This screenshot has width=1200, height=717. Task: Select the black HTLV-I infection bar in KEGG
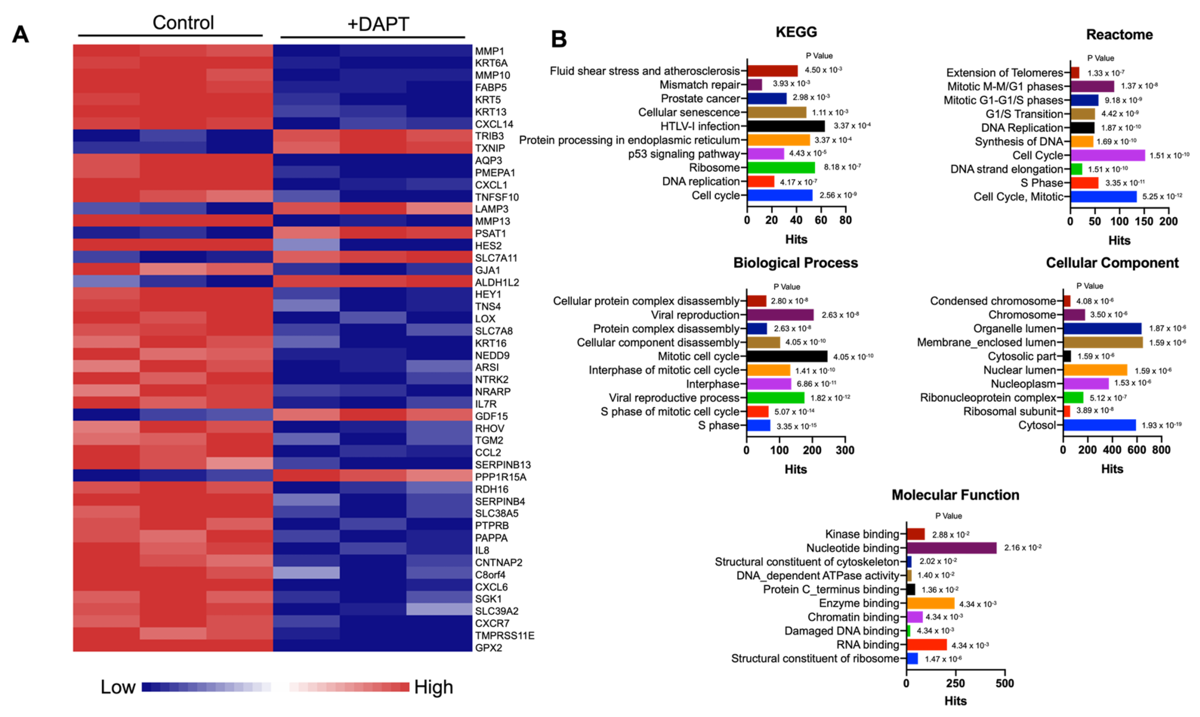(786, 126)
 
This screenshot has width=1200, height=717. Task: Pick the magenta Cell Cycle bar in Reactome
(1107, 155)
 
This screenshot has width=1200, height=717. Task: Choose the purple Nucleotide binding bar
(951, 548)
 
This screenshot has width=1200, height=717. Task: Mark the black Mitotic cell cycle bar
(787, 357)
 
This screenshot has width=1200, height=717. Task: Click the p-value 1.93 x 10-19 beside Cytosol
(1162, 425)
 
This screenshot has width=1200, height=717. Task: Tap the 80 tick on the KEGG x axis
(845, 220)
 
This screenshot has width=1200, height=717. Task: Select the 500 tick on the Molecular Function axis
(1005, 683)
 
